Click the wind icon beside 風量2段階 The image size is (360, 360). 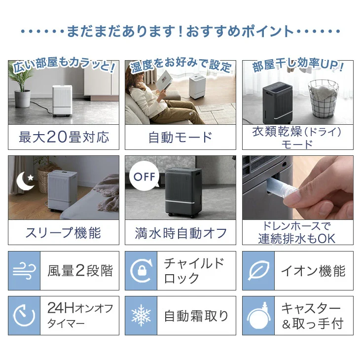24,271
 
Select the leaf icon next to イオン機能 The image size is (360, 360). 258,271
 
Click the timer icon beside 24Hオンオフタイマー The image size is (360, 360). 24,316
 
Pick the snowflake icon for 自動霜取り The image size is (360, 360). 141,316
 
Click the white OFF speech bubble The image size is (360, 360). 144,177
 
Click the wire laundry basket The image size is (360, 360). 324,99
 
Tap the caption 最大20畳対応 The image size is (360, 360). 64,137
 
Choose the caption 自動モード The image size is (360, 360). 180,137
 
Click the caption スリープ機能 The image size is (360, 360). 63,232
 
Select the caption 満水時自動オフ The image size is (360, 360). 180,233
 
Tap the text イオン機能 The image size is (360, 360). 313,271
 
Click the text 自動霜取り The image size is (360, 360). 196,316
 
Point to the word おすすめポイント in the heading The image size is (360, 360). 240,32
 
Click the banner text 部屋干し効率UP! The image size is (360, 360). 297,66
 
